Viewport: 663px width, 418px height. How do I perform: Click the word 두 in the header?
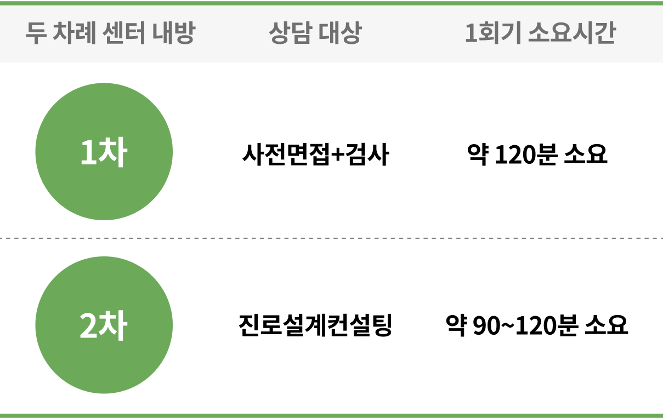(35, 34)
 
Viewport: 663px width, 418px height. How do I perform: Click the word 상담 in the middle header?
(290, 34)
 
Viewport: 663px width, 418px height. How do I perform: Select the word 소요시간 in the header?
(571, 34)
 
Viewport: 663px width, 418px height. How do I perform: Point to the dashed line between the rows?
(384, 238)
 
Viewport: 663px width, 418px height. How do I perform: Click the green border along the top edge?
(331, 2)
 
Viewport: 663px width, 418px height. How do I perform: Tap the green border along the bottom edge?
(331, 415)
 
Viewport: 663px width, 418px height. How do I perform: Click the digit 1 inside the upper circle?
(88, 153)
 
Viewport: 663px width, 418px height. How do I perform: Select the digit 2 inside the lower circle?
(88, 327)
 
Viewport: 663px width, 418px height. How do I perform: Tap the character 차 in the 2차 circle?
(114, 327)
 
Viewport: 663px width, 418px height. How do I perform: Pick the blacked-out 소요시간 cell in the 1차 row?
(540, 151)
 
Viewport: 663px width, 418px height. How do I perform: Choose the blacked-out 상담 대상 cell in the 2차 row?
(315, 325)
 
